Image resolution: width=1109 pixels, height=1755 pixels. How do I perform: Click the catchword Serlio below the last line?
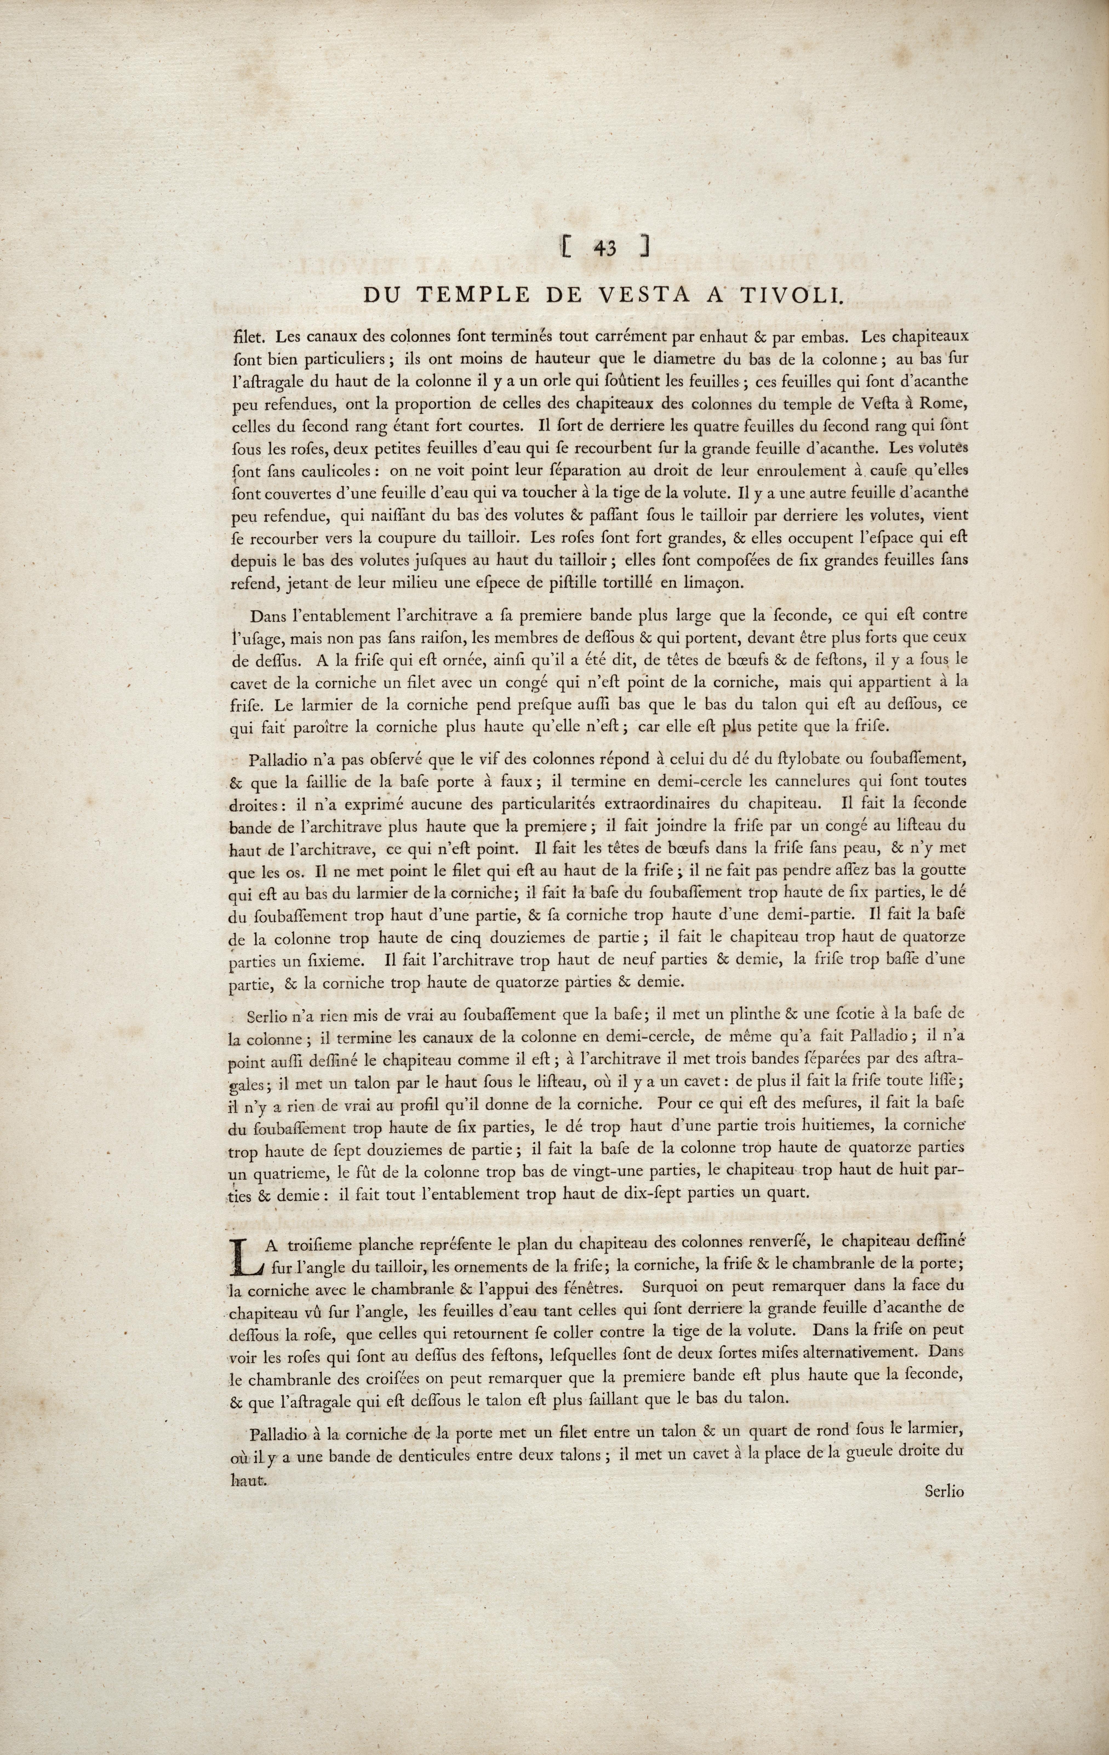[x=944, y=1711]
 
